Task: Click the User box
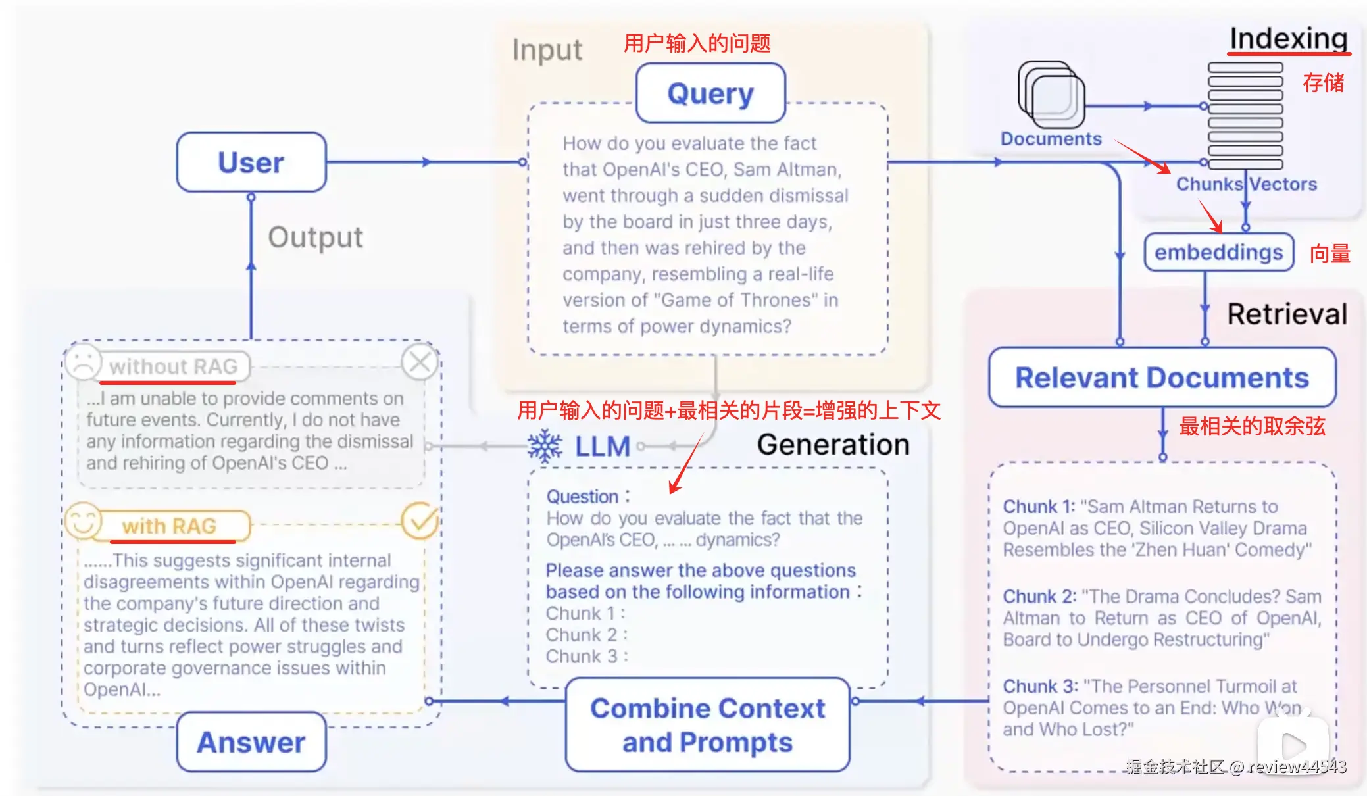pos(251,162)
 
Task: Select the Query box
pos(710,93)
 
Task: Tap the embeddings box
pos(1219,252)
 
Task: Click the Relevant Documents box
pos(1162,378)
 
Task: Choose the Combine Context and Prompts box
pos(708,725)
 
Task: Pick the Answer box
pos(251,742)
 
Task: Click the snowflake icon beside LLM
pos(545,447)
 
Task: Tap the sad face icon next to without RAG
pos(83,361)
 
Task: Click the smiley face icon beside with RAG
pos(83,522)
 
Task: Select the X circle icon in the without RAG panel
pos(420,362)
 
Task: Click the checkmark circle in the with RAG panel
pos(420,521)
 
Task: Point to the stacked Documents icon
pos(1051,95)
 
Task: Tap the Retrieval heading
pos(1287,314)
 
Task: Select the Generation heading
pos(833,445)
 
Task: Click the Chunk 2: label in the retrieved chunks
pos(1039,596)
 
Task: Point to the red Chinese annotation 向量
pos(1330,253)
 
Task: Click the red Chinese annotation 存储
pos(1324,83)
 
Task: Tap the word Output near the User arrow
pos(315,237)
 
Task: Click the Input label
pos(547,50)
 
